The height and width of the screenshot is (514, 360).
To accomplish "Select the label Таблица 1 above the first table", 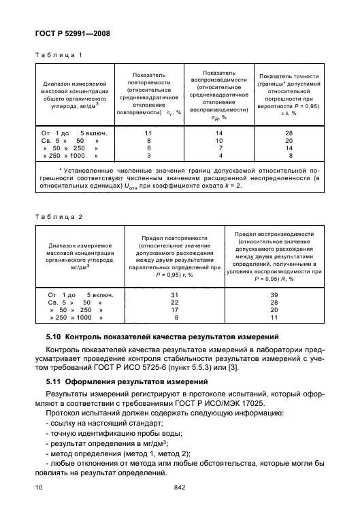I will click(x=59, y=54).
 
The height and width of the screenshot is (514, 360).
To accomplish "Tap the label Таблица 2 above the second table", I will click(x=59, y=218).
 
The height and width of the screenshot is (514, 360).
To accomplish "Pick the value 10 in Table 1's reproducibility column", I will click(x=219, y=141).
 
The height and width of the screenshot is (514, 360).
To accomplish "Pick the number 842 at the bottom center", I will click(x=180, y=487).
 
